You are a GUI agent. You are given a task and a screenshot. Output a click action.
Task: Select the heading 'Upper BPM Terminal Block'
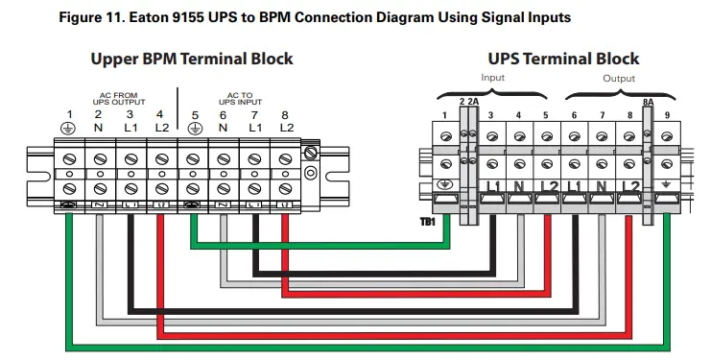click(192, 59)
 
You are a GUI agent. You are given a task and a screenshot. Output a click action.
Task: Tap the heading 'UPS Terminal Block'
click(563, 59)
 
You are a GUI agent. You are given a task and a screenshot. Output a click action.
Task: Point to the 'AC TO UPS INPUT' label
click(239, 98)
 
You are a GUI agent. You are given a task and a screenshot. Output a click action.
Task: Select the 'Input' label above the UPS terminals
click(492, 77)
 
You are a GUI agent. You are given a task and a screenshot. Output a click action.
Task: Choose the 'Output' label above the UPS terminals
click(618, 77)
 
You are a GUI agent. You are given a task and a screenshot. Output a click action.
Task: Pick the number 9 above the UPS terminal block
click(669, 116)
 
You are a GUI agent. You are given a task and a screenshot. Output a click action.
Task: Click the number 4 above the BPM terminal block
click(160, 114)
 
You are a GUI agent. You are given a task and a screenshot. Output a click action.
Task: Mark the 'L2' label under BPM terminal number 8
click(285, 128)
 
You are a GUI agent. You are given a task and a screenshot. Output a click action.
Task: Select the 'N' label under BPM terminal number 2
click(98, 128)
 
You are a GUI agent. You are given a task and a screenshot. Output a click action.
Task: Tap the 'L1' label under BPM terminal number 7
click(254, 128)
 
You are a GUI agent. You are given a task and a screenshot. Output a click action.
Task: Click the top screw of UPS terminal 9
click(669, 137)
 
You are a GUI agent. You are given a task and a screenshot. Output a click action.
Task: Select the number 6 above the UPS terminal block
click(575, 116)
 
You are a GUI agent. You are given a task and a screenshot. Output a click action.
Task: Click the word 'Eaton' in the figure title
click(174, 16)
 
